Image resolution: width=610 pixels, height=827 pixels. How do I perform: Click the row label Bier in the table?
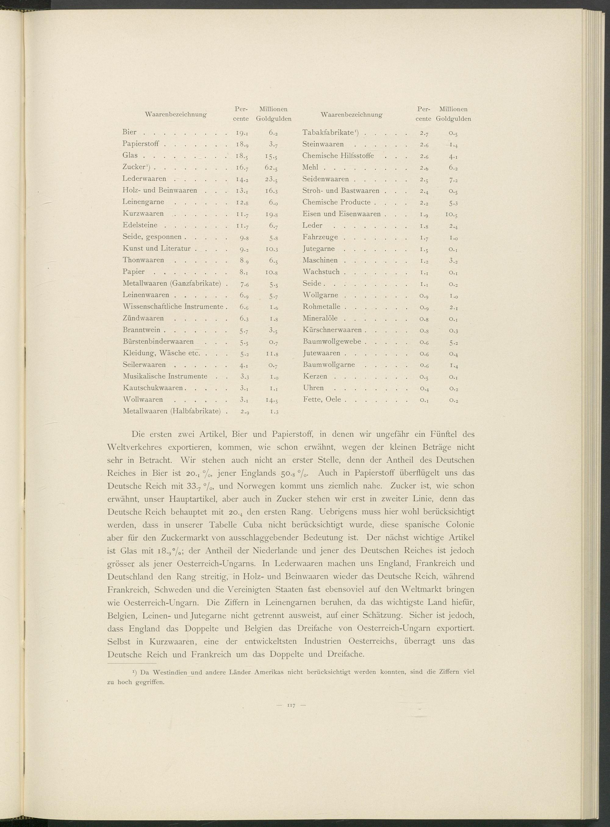click(129, 132)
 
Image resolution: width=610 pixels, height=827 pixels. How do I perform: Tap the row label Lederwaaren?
click(144, 179)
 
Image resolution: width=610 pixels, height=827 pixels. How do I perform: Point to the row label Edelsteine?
click(140, 225)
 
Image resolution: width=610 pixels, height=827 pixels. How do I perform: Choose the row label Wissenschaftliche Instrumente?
click(173, 307)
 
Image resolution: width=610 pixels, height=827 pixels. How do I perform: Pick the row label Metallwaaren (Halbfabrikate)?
click(172, 411)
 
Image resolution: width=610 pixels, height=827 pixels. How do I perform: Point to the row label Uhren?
click(313, 388)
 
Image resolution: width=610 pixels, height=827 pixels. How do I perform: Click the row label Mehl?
click(310, 167)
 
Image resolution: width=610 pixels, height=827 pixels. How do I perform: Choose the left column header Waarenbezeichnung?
click(176, 114)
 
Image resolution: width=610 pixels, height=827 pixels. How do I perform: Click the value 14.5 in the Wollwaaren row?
click(271, 400)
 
